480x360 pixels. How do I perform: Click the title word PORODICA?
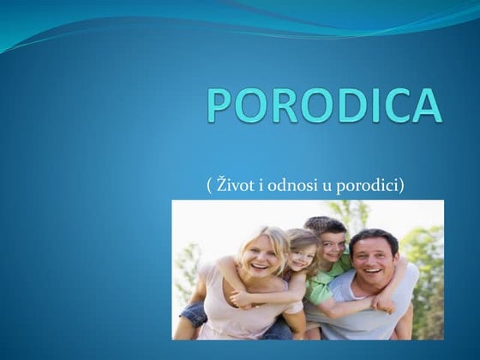(x=324, y=104)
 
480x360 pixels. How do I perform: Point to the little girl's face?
(x=301, y=257)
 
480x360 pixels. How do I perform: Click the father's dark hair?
(x=374, y=237)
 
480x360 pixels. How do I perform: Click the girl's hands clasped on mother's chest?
(x=244, y=299)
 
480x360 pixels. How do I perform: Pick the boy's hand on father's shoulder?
(x=386, y=299)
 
